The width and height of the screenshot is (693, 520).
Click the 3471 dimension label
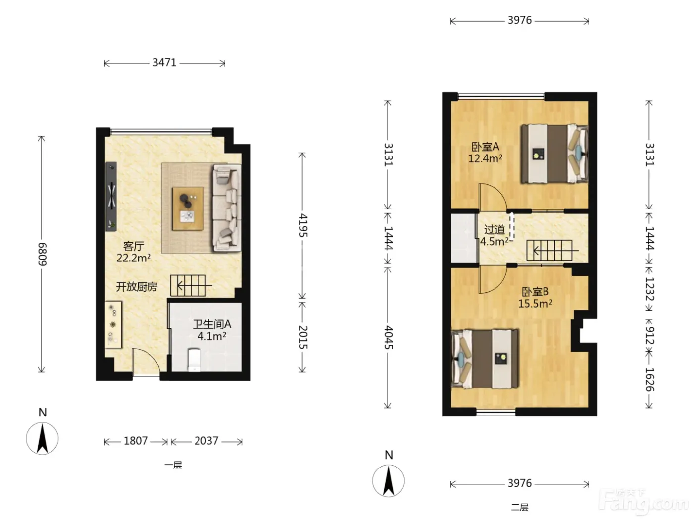point(164,63)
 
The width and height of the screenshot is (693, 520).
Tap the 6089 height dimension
point(42,254)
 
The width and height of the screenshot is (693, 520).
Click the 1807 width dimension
point(136,441)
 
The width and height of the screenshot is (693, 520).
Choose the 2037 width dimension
point(206,441)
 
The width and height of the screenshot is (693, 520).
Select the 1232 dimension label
point(650,289)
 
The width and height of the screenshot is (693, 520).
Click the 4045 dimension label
point(389,338)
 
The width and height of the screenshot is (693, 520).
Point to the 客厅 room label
point(134,246)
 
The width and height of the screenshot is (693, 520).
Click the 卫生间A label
point(212,324)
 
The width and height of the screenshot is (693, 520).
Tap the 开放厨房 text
point(137,287)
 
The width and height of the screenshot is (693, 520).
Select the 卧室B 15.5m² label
point(535,298)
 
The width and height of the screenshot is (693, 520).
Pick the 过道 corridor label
point(495,229)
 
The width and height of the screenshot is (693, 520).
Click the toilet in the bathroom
point(194,360)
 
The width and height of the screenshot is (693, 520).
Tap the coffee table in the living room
point(188,208)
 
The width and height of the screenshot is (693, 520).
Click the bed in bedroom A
point(554,154)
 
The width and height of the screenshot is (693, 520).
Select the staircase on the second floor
point(549,251)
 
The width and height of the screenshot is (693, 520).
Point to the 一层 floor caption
point(173,465)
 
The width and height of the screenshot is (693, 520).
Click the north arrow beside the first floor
point(42,438)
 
